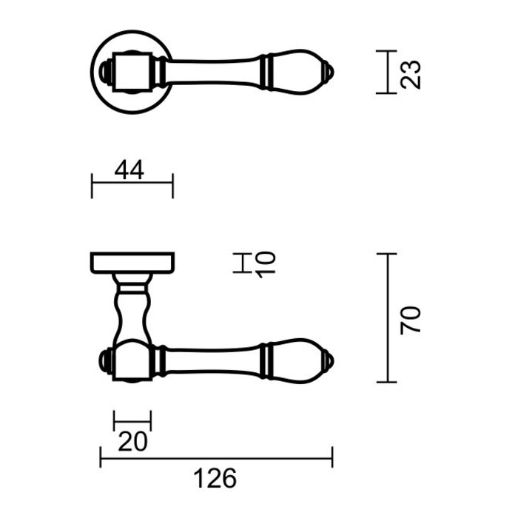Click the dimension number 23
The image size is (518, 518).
413,73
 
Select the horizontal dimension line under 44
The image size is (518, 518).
132,186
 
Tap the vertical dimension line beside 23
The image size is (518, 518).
386,72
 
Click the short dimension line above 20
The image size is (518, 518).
132,421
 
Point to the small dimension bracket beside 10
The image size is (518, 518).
241,263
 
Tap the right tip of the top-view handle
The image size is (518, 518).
331,72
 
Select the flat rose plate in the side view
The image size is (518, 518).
132,262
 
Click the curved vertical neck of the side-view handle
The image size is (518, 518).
134,311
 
